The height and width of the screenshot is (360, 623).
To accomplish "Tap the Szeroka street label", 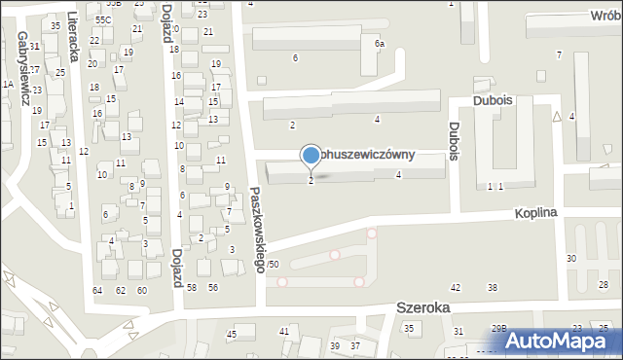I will tap(423, 306).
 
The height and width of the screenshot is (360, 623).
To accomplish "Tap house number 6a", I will tap(380, 44).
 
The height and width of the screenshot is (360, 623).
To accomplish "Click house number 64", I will tap(97, 290).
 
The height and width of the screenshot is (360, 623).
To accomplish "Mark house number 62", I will tap(121, 290).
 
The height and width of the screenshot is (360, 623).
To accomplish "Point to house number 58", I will tap(191, 287).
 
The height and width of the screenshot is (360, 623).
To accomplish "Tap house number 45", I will tap(232, 335).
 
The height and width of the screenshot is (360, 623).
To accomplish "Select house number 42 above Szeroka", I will tap(456, 287).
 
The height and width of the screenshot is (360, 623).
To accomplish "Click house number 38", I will tap(493, 287).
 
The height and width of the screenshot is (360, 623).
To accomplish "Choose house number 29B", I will tap(499, 329).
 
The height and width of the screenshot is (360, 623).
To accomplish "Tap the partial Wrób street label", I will tap(602, 18).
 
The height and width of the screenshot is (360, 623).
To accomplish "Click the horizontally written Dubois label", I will tap(492, 99).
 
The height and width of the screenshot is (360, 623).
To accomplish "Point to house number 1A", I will tap(8, 85).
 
